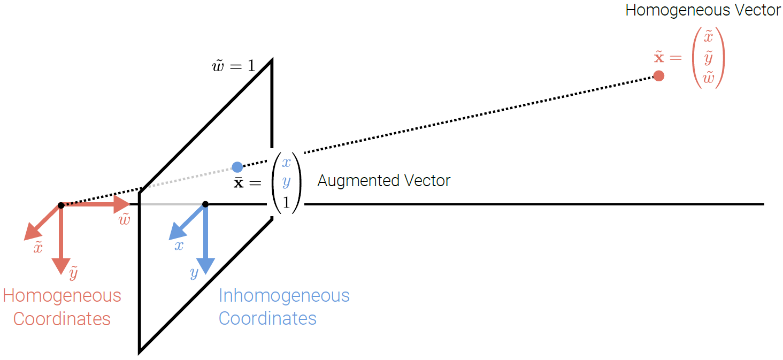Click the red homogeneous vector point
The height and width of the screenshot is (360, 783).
pos(659,76)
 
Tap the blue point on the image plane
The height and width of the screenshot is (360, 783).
pos(237,167)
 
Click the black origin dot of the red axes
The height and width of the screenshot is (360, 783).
pos(61,205)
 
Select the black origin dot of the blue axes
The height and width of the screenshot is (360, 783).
pos(205,204)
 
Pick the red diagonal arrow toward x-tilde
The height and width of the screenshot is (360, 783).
pos(41,224)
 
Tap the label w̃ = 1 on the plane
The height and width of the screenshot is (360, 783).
pos(234,66)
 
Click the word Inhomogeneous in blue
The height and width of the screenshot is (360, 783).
pos(284,295)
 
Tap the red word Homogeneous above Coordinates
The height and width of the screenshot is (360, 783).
pos(62,295)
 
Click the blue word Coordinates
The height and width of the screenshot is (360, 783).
pos(267,318)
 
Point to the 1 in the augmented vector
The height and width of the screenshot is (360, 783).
pos(286,202)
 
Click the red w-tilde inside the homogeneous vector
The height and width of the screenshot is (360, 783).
pos(709,78)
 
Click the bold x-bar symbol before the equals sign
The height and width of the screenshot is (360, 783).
pos(239,182)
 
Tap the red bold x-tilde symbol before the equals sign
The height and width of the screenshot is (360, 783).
pos(659,56)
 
